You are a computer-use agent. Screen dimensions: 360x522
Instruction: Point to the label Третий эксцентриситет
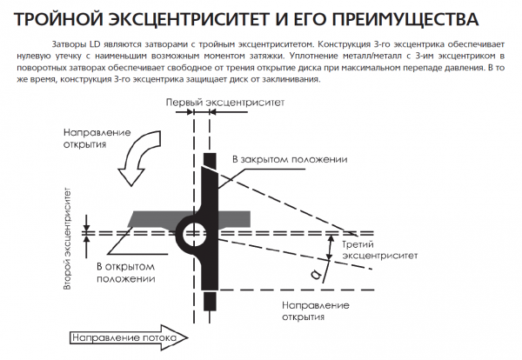[376, 250]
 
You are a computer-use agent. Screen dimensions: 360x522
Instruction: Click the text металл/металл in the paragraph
[372, 55]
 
